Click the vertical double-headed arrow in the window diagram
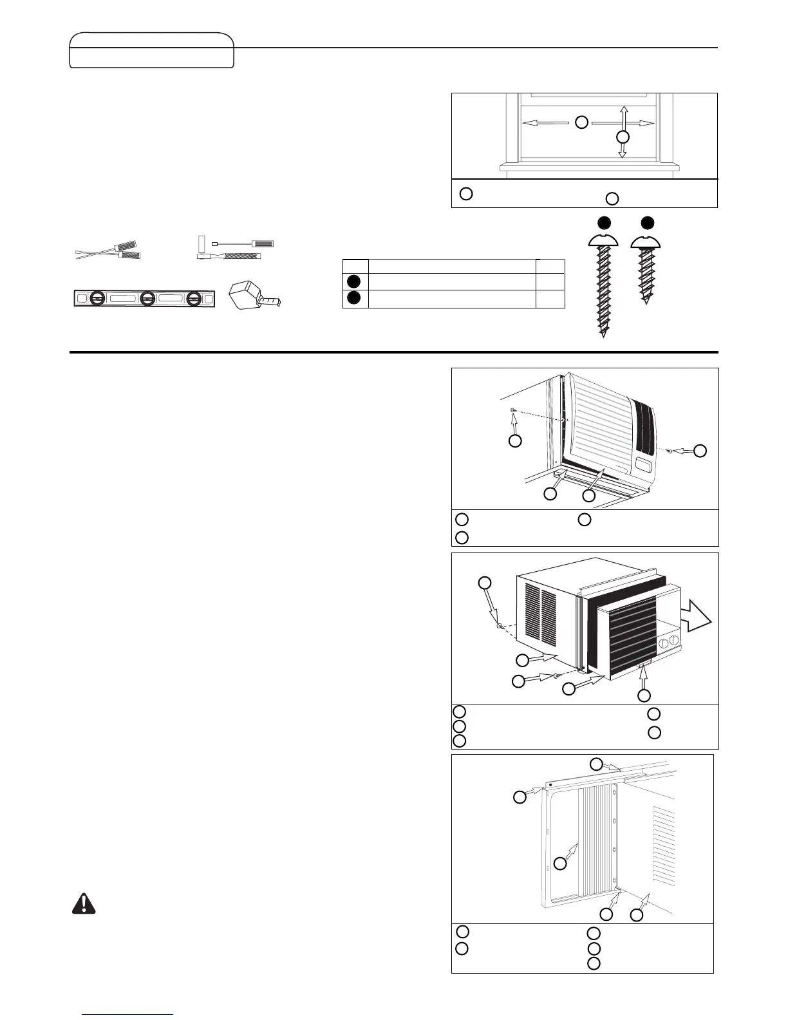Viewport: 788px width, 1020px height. point(623,132)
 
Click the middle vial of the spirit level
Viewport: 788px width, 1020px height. point(147,299)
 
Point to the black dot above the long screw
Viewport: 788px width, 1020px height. point(603,223)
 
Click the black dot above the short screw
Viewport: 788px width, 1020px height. point(648,223)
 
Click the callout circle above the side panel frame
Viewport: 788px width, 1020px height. point(597,764)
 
